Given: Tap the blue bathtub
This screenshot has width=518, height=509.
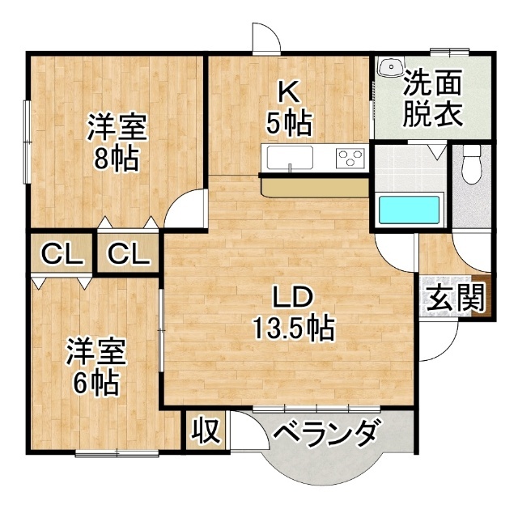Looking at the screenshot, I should click(410, 209).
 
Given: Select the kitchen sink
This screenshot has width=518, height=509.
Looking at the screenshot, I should click(287, 156).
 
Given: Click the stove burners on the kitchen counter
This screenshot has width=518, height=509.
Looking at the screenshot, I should click(350, 155).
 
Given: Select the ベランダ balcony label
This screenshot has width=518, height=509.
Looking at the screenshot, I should click(325, 435).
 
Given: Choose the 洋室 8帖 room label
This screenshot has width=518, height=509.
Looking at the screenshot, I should click(117, 142).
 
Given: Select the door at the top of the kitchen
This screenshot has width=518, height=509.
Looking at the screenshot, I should click(265, 39).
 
